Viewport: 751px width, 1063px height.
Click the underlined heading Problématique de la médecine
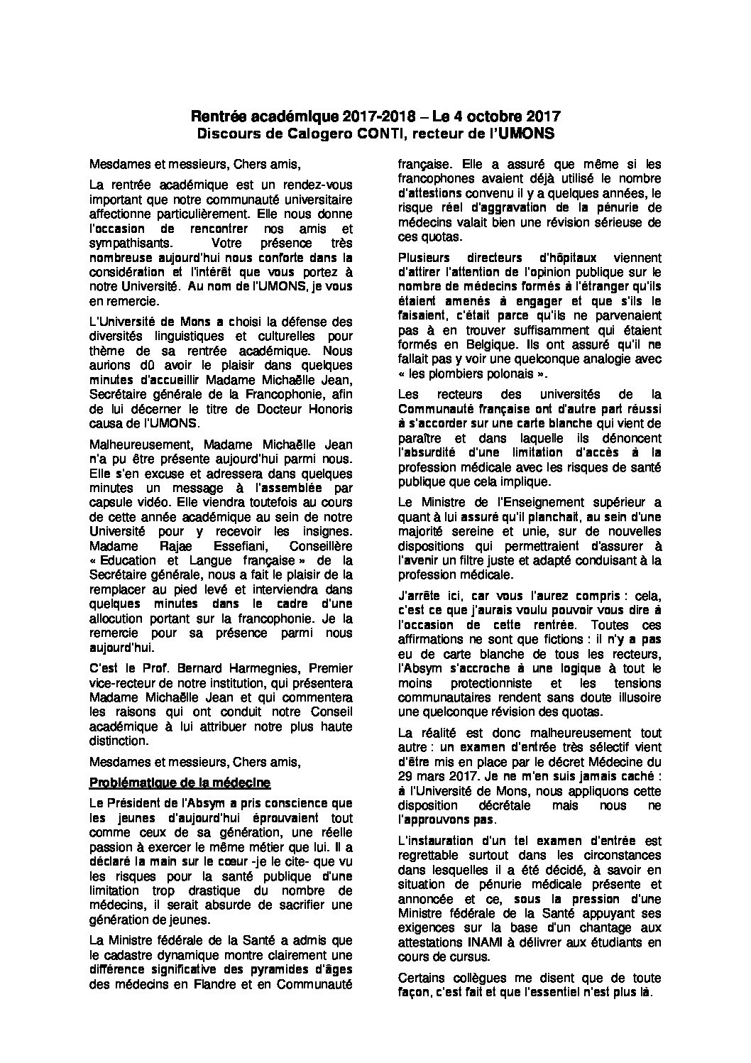click(180, 783)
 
